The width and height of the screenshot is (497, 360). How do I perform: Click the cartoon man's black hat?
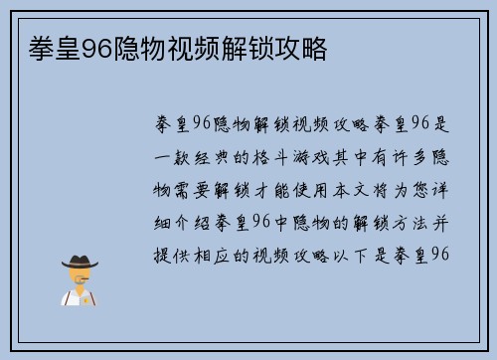coord(81,261)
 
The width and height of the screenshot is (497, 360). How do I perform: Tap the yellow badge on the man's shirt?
coord(87,297)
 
